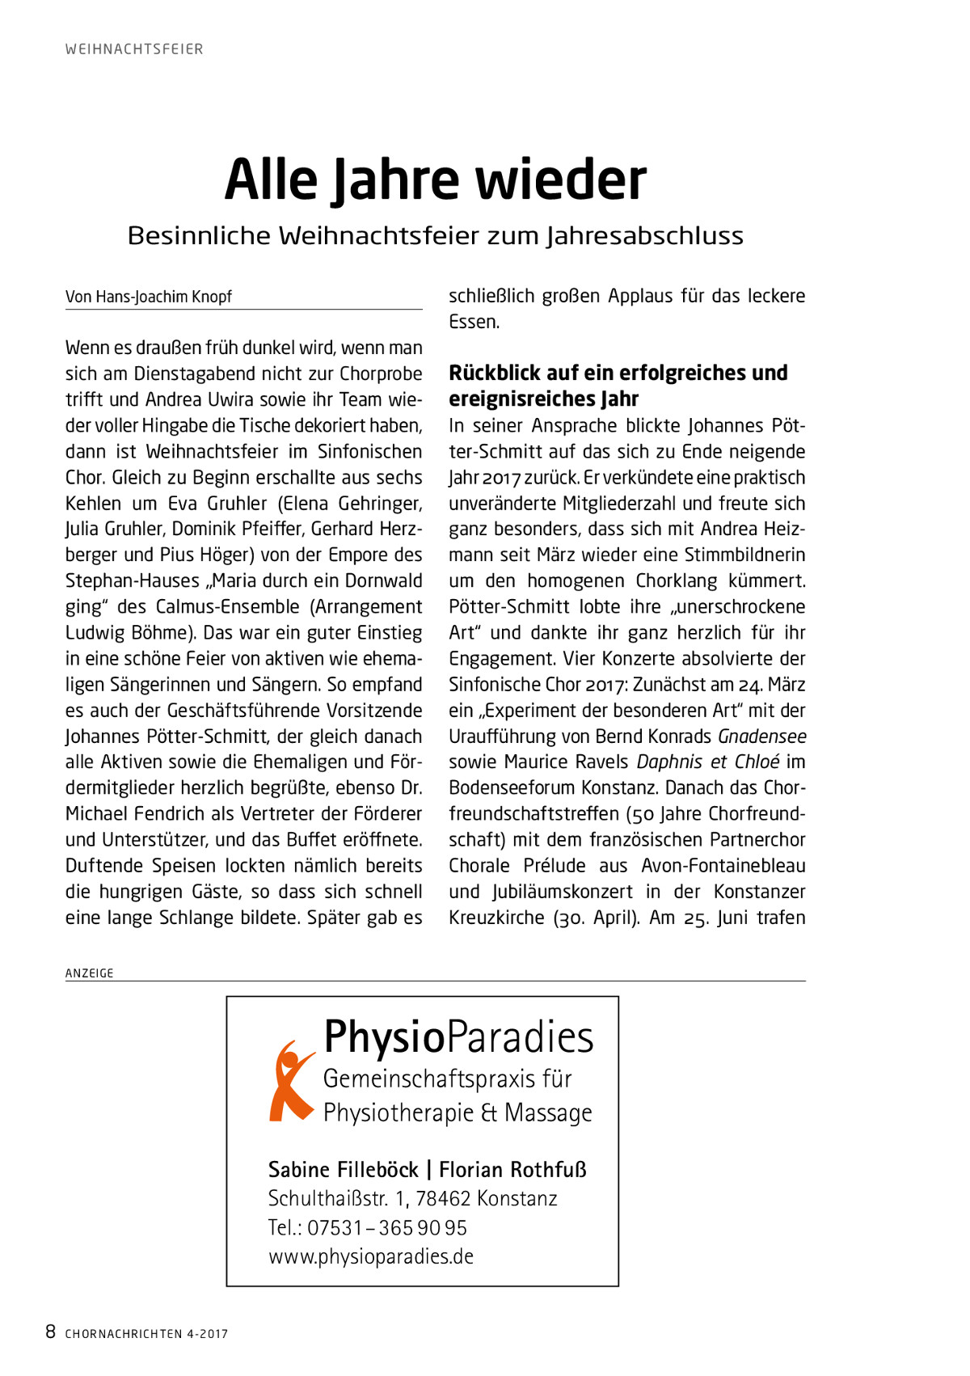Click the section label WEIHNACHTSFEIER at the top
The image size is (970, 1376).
pyautogui.click(x=134, y=49)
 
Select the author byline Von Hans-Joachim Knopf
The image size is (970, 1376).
pyautogui.click(x=149, y=297)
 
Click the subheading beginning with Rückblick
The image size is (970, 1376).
pyautogui.click(x=618, y=386)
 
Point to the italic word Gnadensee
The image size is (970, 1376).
pyautogui.click(x=761, y=737)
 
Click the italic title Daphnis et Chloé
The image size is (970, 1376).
pyautogui.click(x=708, y=762)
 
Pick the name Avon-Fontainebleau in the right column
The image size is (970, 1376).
pyautogui.click(x=723, y=866)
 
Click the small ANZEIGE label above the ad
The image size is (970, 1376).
pyautogui.click(x=90, y=973)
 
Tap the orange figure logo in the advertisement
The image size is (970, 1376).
pyautogui.click(x=290, y=1081)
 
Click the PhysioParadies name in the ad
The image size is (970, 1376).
pyautogui.click(x=458, y=1037)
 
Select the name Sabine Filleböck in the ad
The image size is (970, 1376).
pyautogui.click(x=343, y=1170)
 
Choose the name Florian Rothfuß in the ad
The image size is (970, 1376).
pyautogui.click(x=512, y=1170)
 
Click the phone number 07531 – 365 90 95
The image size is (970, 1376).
pyautogui.click(x=387, y=1228)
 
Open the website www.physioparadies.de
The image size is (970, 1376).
pyautogui.click(x=371, y=1257)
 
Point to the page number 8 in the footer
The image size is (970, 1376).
pyautogui.click(x=50, y=1332)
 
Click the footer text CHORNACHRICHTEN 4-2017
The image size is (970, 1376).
pyautogui.click(x=146, y=1334)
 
